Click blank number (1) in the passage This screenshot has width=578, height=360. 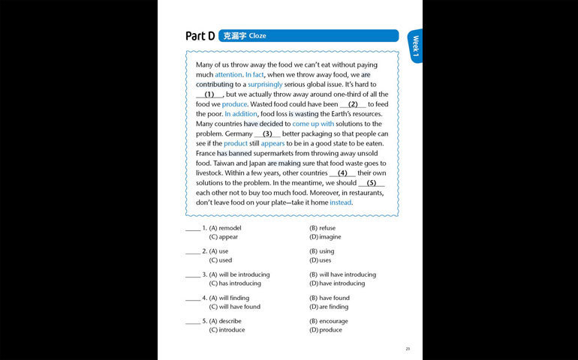coord(209,94)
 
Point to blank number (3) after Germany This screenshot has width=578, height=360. coord(266,133)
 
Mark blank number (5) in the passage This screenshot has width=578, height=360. coord(371,182)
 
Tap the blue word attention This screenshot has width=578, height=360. coord(228,75)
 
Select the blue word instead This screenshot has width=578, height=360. coord(340,202)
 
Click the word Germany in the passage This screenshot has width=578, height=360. coord(239,133)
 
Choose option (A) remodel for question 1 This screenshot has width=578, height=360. coord(225,228)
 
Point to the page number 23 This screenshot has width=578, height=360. coord(408,349)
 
